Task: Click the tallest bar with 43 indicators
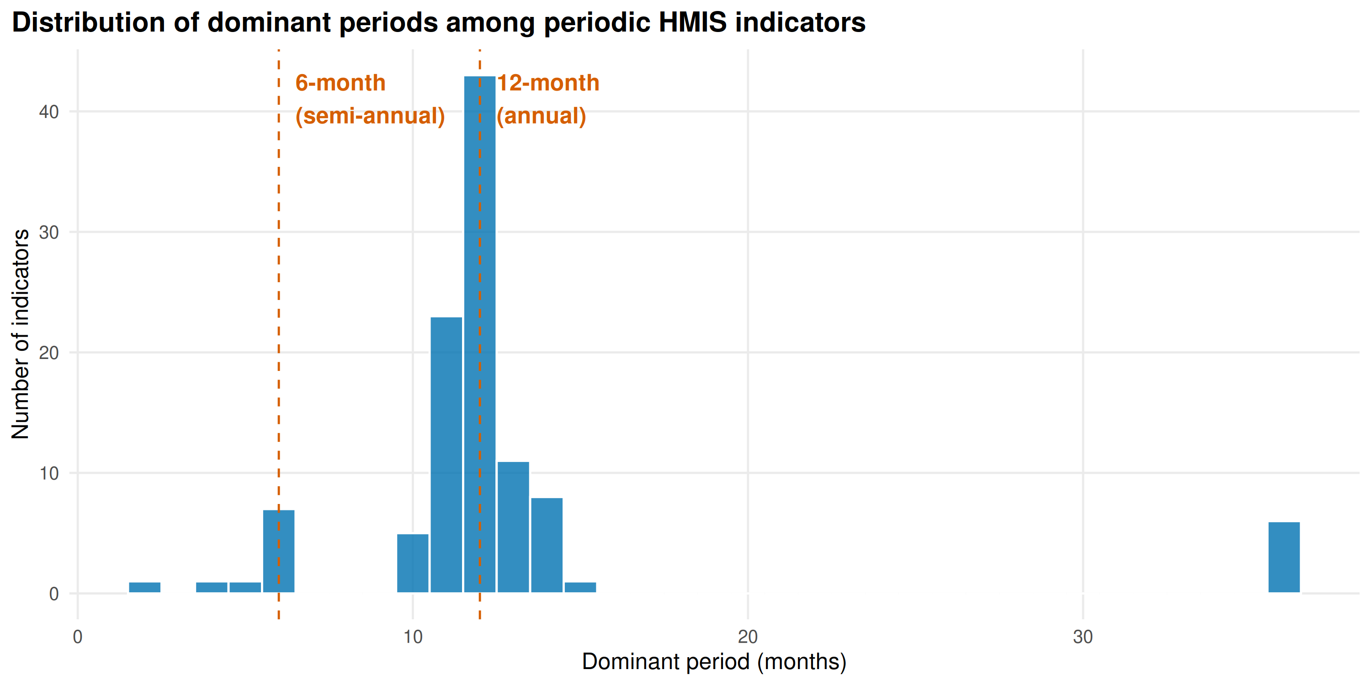479,334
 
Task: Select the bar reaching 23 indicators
446,455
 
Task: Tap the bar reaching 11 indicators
513,527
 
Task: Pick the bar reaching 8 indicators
547,546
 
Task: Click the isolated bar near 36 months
1284,557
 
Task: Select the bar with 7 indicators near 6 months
278,551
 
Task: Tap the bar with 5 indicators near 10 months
413,563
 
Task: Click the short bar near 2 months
144,588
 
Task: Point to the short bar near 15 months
580,588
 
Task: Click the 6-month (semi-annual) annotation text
370,100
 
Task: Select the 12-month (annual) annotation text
547,100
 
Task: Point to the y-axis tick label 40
48,112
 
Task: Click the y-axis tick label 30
48,232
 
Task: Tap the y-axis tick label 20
48,353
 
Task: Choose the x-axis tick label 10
413,637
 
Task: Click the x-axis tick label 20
748,637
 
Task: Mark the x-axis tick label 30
1083,637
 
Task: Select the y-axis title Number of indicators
20,334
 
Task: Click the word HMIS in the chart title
692,22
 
